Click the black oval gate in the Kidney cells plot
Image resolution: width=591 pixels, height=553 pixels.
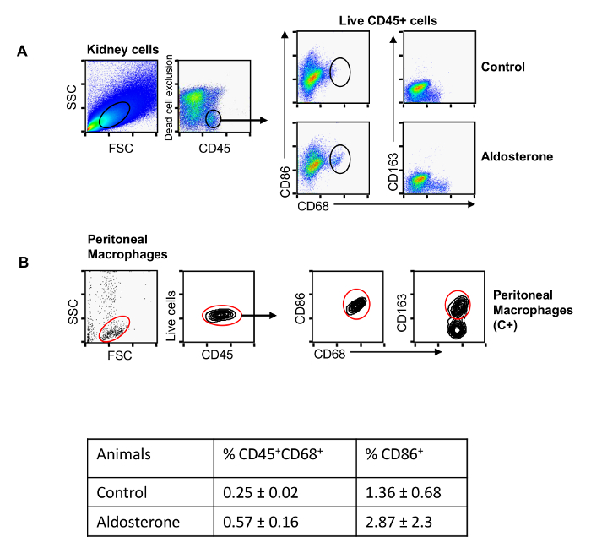click(115, 115)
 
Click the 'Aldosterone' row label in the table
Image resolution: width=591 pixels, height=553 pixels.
click(138, 522)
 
